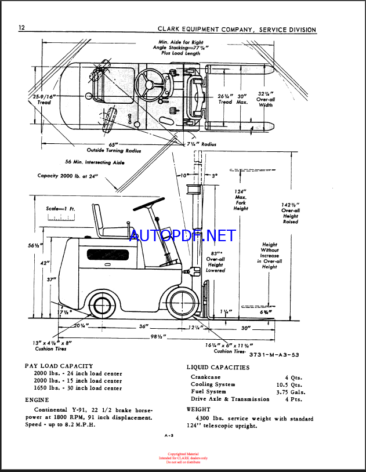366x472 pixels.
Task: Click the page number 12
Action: [x=21, y=28]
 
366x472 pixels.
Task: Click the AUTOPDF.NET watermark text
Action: [x=183, y=235]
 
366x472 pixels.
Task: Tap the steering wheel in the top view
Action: [x=150, y=85]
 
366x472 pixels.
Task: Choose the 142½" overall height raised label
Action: [x=290, y=212]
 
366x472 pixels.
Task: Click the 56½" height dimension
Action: [x=34, y=246]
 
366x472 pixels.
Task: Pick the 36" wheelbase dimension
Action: [x=143, y=326]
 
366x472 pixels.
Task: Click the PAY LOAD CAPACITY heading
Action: [x=59, y=366]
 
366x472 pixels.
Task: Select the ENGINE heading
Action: [x=37, y=400]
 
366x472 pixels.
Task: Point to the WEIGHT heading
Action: [x=198, y=409]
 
